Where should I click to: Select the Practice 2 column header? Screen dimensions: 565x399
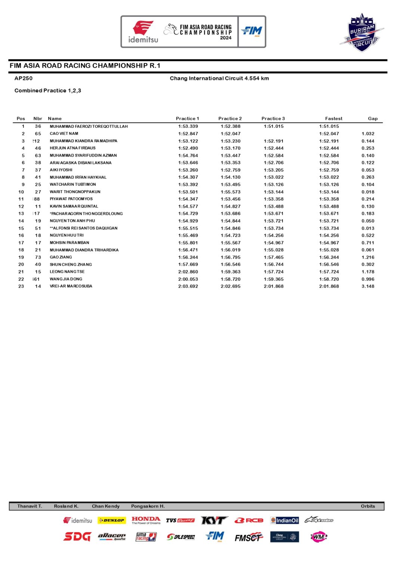click(x=230, y=118)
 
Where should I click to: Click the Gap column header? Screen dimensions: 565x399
click(x=372, y=118)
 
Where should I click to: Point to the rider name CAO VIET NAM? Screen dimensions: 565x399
click(x=64, y=133)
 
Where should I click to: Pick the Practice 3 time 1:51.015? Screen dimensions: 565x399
click(x=273, y=126)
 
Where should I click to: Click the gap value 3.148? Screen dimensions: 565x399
click(x=368, y=286)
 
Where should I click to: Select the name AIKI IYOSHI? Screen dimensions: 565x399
click(x=61, y=170)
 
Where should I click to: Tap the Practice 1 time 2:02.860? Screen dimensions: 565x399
click(x=188, y=272)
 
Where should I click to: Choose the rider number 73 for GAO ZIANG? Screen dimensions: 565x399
click(x=38, y=257)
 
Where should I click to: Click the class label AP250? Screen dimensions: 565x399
click(x=24, y=78)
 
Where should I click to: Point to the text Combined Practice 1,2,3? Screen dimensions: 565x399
click(x=48, y=90)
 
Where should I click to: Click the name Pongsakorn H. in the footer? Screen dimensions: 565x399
click(x=148, y=506)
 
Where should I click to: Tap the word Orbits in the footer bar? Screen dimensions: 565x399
click(x=368, y=506)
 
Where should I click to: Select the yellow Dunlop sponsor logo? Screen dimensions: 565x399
click(x=111, y=520)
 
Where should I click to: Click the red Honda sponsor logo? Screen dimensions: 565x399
click(x=146, y=520)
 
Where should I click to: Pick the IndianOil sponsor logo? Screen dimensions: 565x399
click(x=285, y=520)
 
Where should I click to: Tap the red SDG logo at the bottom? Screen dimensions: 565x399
click(x=77, y=537)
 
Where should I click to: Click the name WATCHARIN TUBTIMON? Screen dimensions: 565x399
click(x=73, y=185)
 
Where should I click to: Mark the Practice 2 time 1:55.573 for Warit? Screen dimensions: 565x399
click(x=231, y=192)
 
